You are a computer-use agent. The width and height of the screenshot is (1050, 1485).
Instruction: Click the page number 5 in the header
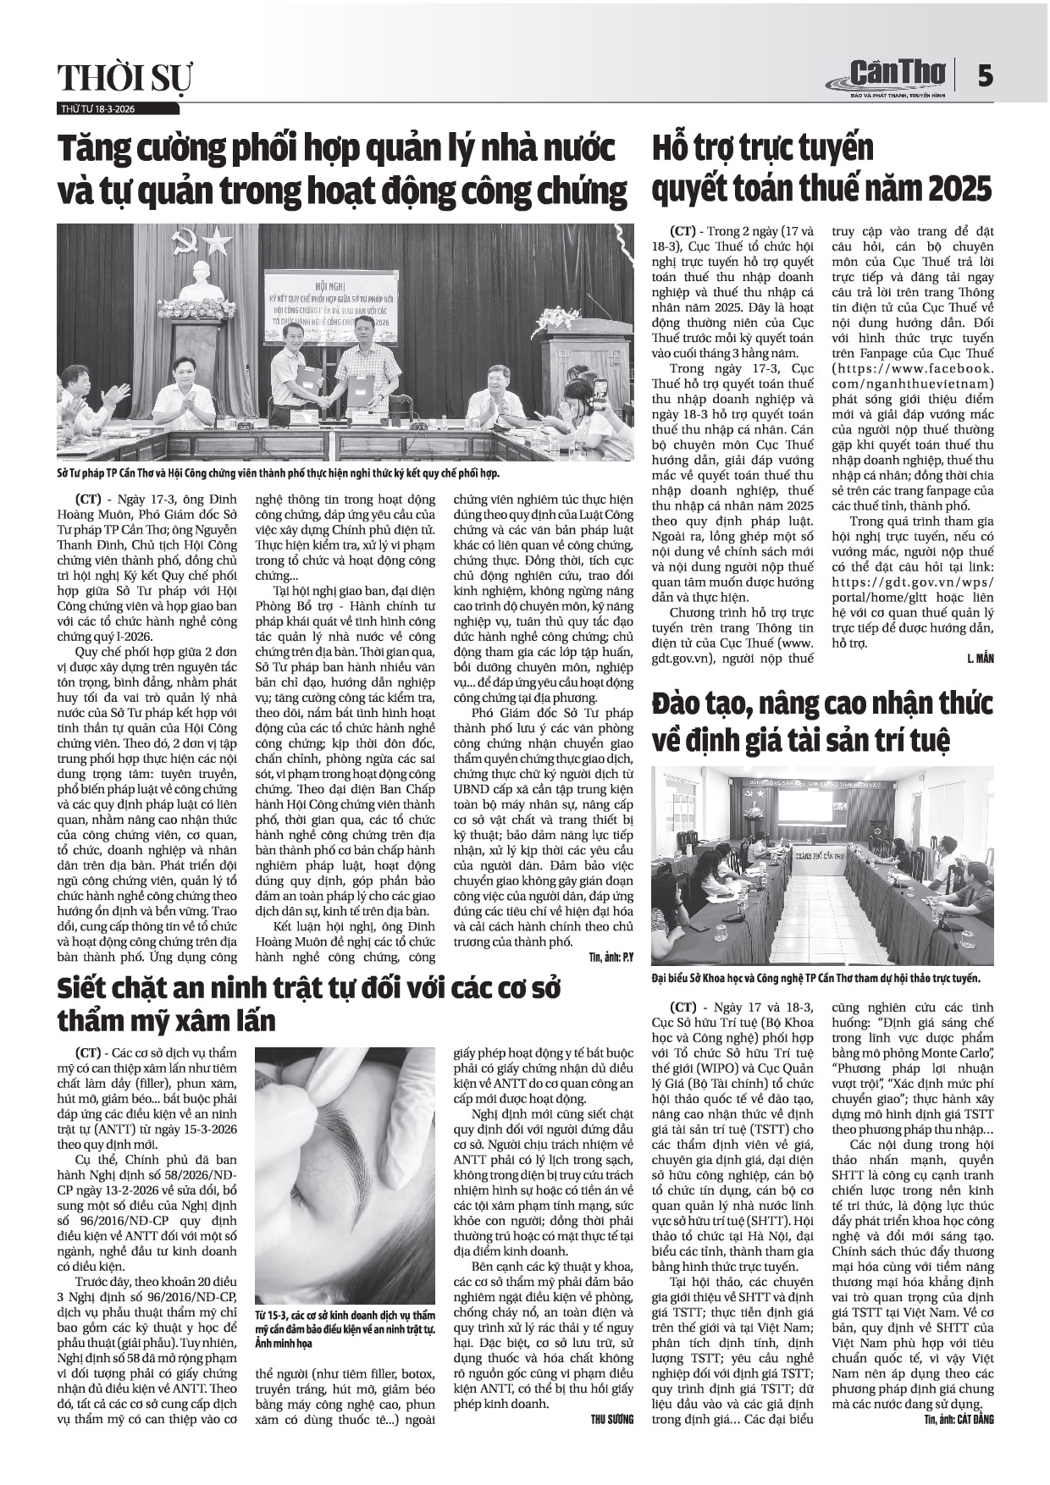984,77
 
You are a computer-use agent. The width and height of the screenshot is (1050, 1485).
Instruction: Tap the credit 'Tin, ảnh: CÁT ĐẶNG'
959,1419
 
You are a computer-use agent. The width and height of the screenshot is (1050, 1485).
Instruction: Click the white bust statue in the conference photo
202,280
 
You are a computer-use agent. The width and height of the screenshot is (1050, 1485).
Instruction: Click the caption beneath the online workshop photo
815,978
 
